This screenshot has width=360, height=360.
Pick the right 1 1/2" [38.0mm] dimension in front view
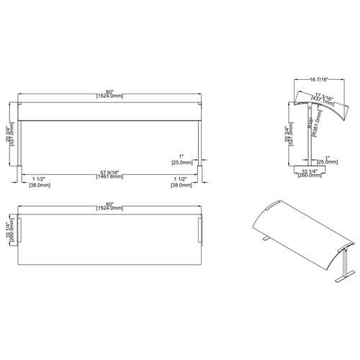pyautogui.click(x=181, y=180)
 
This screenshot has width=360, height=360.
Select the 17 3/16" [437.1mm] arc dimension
pyautogui.click(x=325, y=98)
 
